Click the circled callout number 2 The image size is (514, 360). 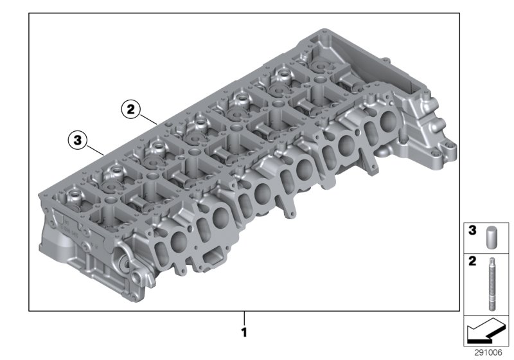pyautogui.click(x=130, y=109)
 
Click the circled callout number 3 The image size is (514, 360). pyautogui.click(x=77, y=139)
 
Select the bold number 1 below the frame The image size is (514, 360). pyautogui.click(x=244, y=333)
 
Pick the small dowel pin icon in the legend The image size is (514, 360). pyautogui.click(x=492, y=235)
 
